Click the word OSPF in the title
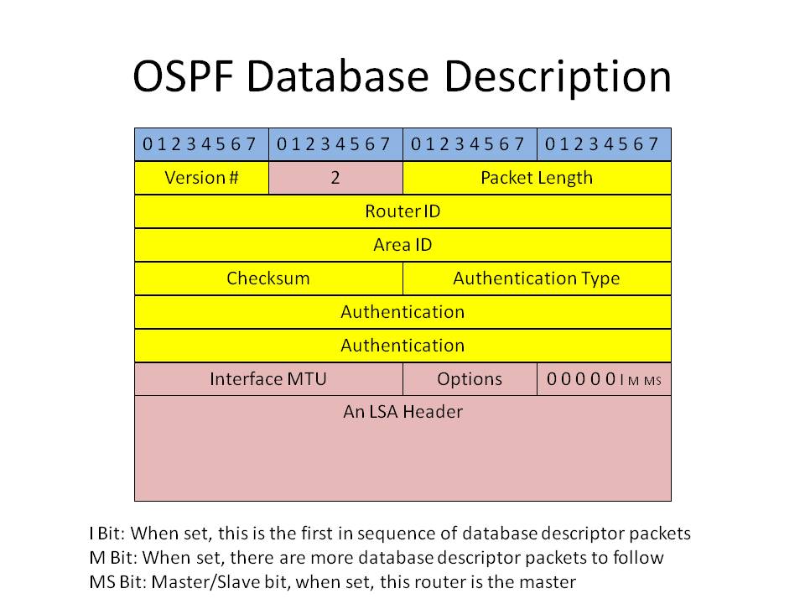tap(184, 76)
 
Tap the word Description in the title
tap(558, 77)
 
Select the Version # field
tap(201, 178)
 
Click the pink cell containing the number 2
tap(335, 178)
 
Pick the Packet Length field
tap(537, 178)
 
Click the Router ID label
tap(402, 211)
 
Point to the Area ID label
tap(402, 244)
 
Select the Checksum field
tap(268, 279)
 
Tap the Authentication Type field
tap(537, 279)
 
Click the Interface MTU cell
tap(268, 379)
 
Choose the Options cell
tap(470, 379)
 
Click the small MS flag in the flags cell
tap(652, 381)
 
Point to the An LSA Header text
tap(402, 411)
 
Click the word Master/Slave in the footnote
tap(206, 582)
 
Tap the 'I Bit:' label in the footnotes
tap(107, 534)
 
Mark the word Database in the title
tap(337, 76)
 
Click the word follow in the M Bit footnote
tap(637, 558)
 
